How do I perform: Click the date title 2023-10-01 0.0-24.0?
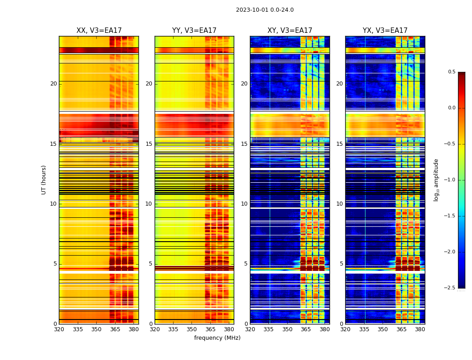(x=265, y=10)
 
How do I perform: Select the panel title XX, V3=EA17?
(x=99, y=31)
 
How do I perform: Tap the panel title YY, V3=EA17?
(x=194, y=31)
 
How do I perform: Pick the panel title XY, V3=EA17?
(x=290, y=31)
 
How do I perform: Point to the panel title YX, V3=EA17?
(x=385, y=31)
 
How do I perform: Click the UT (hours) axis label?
(x=44, y=180)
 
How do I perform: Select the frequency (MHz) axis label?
(x=217, y=338)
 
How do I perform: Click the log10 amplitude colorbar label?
(x=436, y=180)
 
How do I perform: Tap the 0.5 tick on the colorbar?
(x=451, y=72)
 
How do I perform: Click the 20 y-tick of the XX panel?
(x=53, y=84)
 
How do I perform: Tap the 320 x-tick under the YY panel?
(x=155, y=329)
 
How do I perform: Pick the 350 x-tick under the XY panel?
(x=287, y=329)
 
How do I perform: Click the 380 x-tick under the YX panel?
(x=420, y=329)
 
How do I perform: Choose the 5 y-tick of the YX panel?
(x=342, y=264)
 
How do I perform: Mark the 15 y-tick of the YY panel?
(x=149, y=144)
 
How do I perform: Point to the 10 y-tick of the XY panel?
(x=245, y=204)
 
